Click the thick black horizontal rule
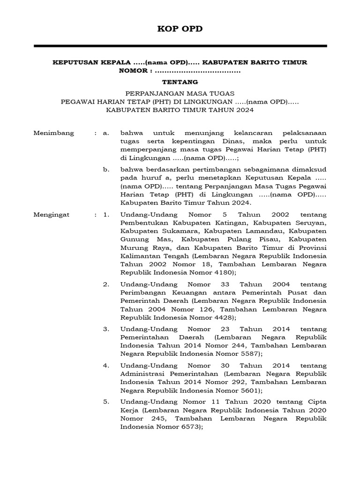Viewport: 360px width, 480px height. point(180,46)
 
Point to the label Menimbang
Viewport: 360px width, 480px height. point(54,133)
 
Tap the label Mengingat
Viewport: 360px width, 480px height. point(52,215)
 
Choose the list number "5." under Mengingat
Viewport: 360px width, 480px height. point(106,402)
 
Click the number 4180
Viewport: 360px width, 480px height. point(221,272)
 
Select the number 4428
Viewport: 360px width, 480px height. point(221,317)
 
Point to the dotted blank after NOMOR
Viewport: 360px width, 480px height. point(197,71)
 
